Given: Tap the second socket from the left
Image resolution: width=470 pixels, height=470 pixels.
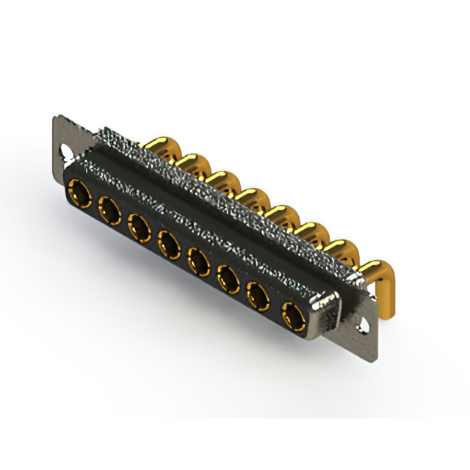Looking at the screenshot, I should click(x=109, y=210).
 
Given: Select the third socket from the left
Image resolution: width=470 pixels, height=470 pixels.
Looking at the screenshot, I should click(x=139, y=225).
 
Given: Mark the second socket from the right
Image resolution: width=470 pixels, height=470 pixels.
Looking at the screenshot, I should click(x=259, y=297).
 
